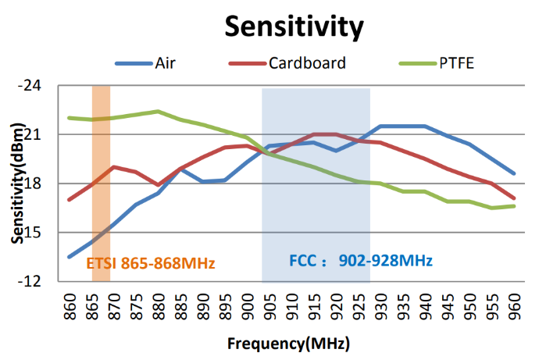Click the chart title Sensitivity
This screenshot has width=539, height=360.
tap(294, 26)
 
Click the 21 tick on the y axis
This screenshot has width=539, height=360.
tap(41, 135)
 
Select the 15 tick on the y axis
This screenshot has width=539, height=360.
tap(41, 233)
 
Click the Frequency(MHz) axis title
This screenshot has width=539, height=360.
tap(288, 343)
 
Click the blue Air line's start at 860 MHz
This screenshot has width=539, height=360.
tap(70, 257)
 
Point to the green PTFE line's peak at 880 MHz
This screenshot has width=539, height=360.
tap(159, 112)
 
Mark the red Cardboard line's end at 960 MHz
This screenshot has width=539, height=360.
tap(515, 198)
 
